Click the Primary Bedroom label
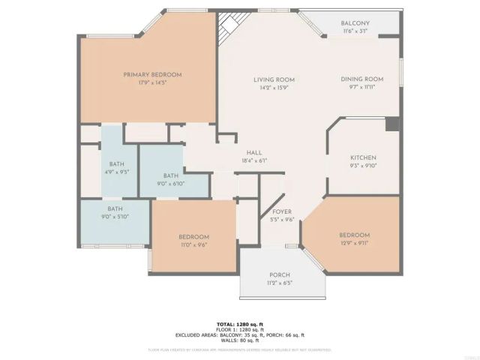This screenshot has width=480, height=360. pos(153,74)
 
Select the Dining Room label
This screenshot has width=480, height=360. pos(362,79)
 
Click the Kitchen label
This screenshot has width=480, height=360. pos(363,158)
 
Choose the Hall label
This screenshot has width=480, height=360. pos(254,152)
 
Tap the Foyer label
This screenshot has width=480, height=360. pos(281,212)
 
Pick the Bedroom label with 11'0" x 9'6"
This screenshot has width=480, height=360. pos(193,237)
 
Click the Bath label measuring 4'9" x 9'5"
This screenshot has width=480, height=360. pos(116,164)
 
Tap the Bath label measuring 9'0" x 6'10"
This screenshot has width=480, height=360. pos(171,175)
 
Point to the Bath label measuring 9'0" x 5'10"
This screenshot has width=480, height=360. pos(115,209)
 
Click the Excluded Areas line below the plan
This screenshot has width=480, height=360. pos(240,334)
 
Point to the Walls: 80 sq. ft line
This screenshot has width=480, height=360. pos(240,340)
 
